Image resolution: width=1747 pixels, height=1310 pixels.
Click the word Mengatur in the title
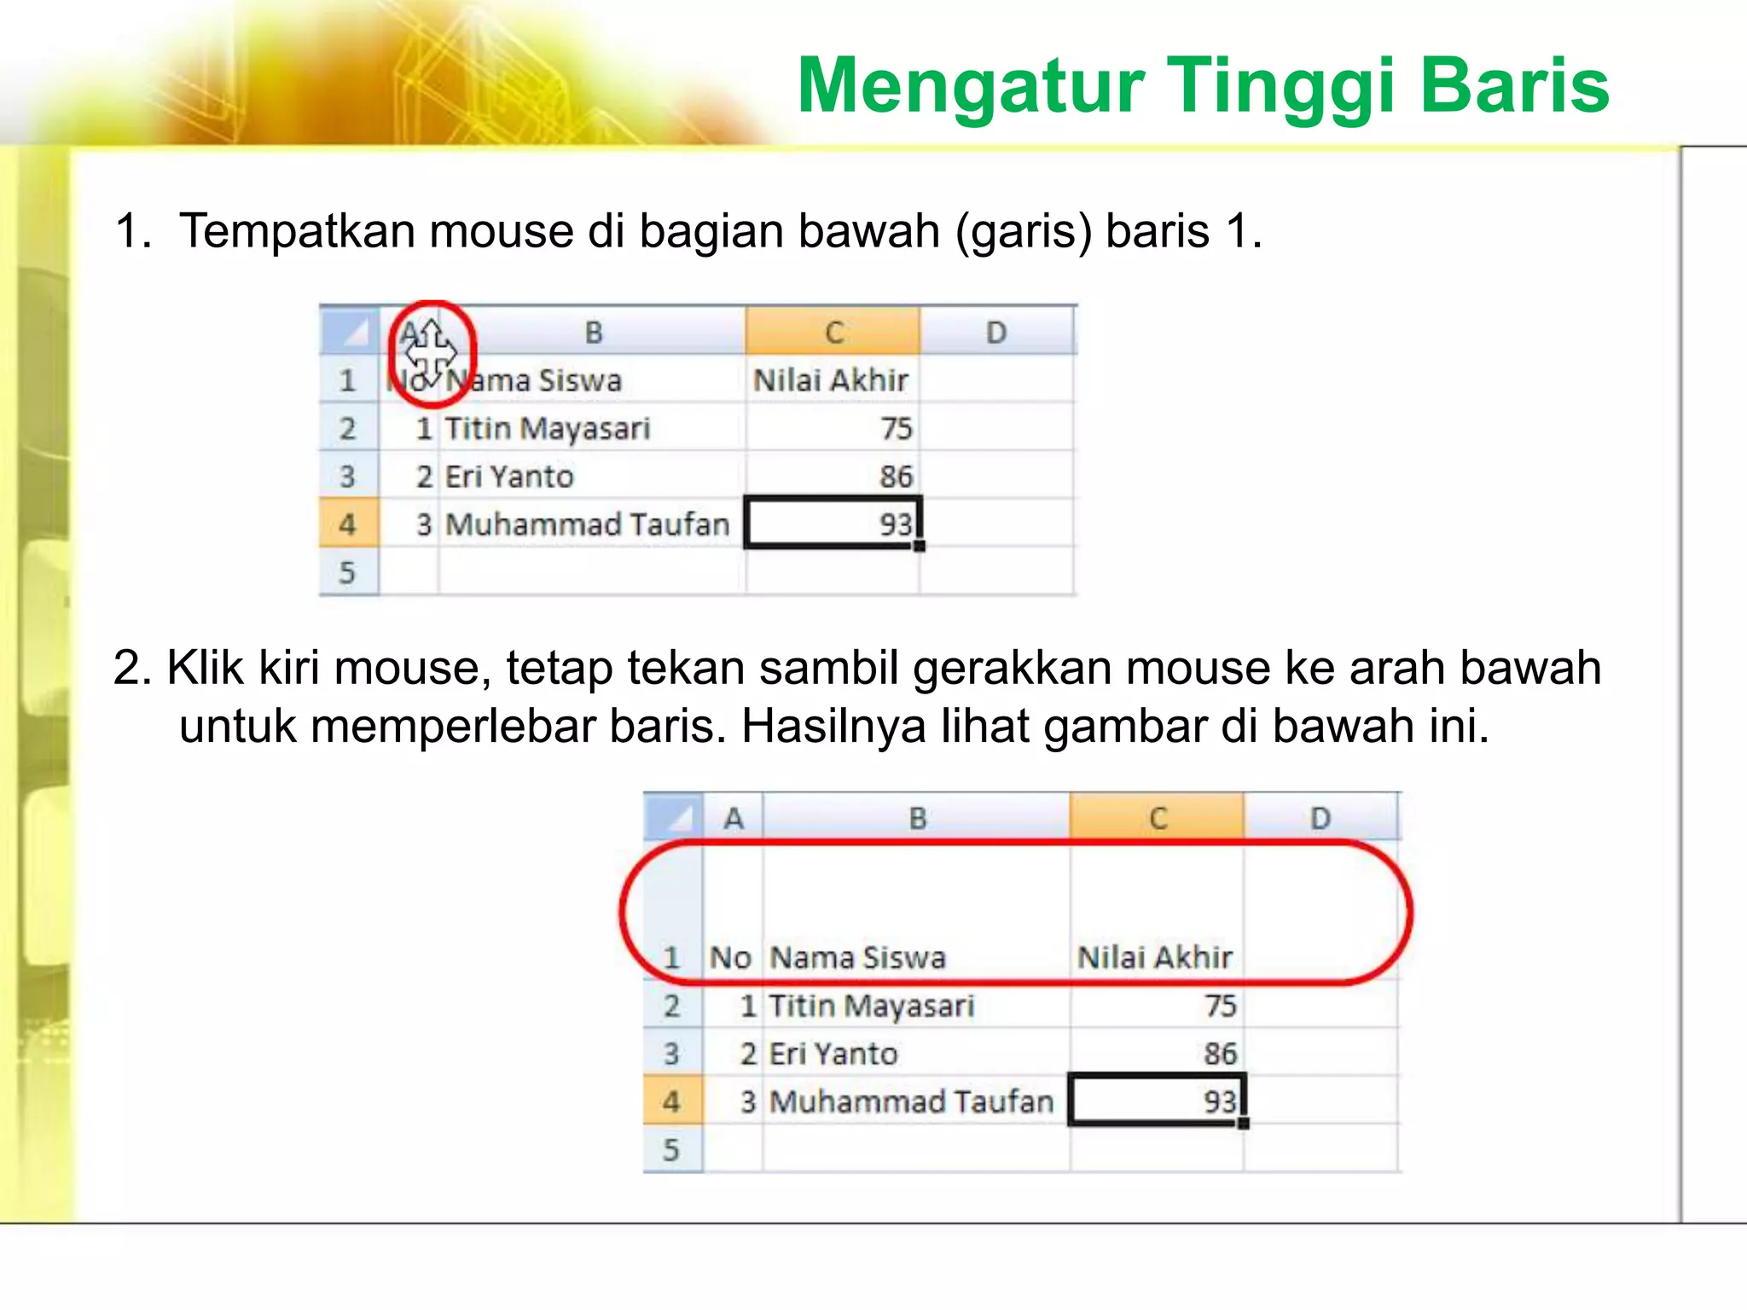coord(969,86)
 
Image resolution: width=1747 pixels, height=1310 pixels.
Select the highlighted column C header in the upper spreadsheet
coord(833,332)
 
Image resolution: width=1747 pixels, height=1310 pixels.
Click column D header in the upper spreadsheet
coord(995,332)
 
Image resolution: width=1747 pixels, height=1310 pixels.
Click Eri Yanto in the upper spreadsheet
coord(509,476)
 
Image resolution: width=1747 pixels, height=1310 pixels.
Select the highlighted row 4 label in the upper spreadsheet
coord(347,524)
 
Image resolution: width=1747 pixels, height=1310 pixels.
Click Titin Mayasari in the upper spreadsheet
coord(547,428)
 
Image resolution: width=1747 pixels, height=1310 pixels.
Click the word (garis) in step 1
coord(1023,231)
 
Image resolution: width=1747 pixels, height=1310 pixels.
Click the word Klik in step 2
coord(206,667)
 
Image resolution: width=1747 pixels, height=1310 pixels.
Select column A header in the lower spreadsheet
coord(733,818)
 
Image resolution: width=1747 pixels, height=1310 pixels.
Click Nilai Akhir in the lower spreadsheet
coord(1154,957)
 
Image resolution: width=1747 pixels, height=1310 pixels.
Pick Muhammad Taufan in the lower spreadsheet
coord(911,1101)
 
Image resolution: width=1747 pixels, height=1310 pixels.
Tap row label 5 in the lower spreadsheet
coord(671,1149)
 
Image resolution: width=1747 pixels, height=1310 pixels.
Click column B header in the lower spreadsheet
coord(917,818)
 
